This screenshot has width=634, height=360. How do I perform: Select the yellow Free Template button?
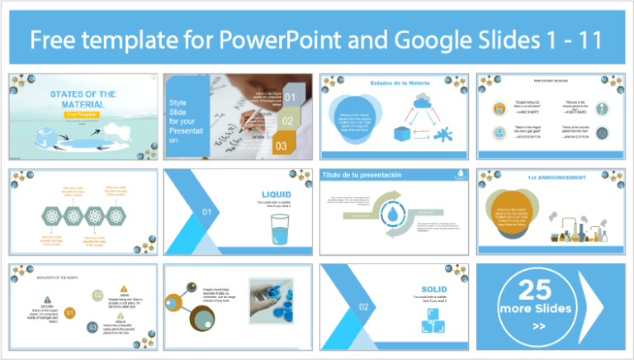pos(83,114)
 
